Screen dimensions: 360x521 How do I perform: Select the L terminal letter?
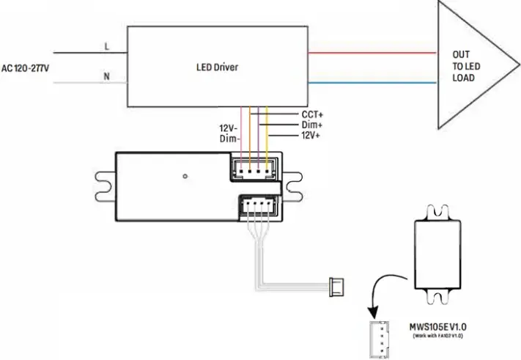pos(107,47)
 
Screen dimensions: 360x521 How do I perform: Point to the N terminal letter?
pos(107,76)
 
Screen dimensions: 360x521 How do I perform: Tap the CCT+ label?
pos(313,115)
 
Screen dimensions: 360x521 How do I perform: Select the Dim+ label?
pos(313,125)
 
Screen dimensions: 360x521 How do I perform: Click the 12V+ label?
pos(313,136)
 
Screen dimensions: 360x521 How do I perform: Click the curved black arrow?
pos(385,290)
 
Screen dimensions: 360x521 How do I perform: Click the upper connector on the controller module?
pos(254,168)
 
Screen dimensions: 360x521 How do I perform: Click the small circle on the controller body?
pos(186,176)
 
